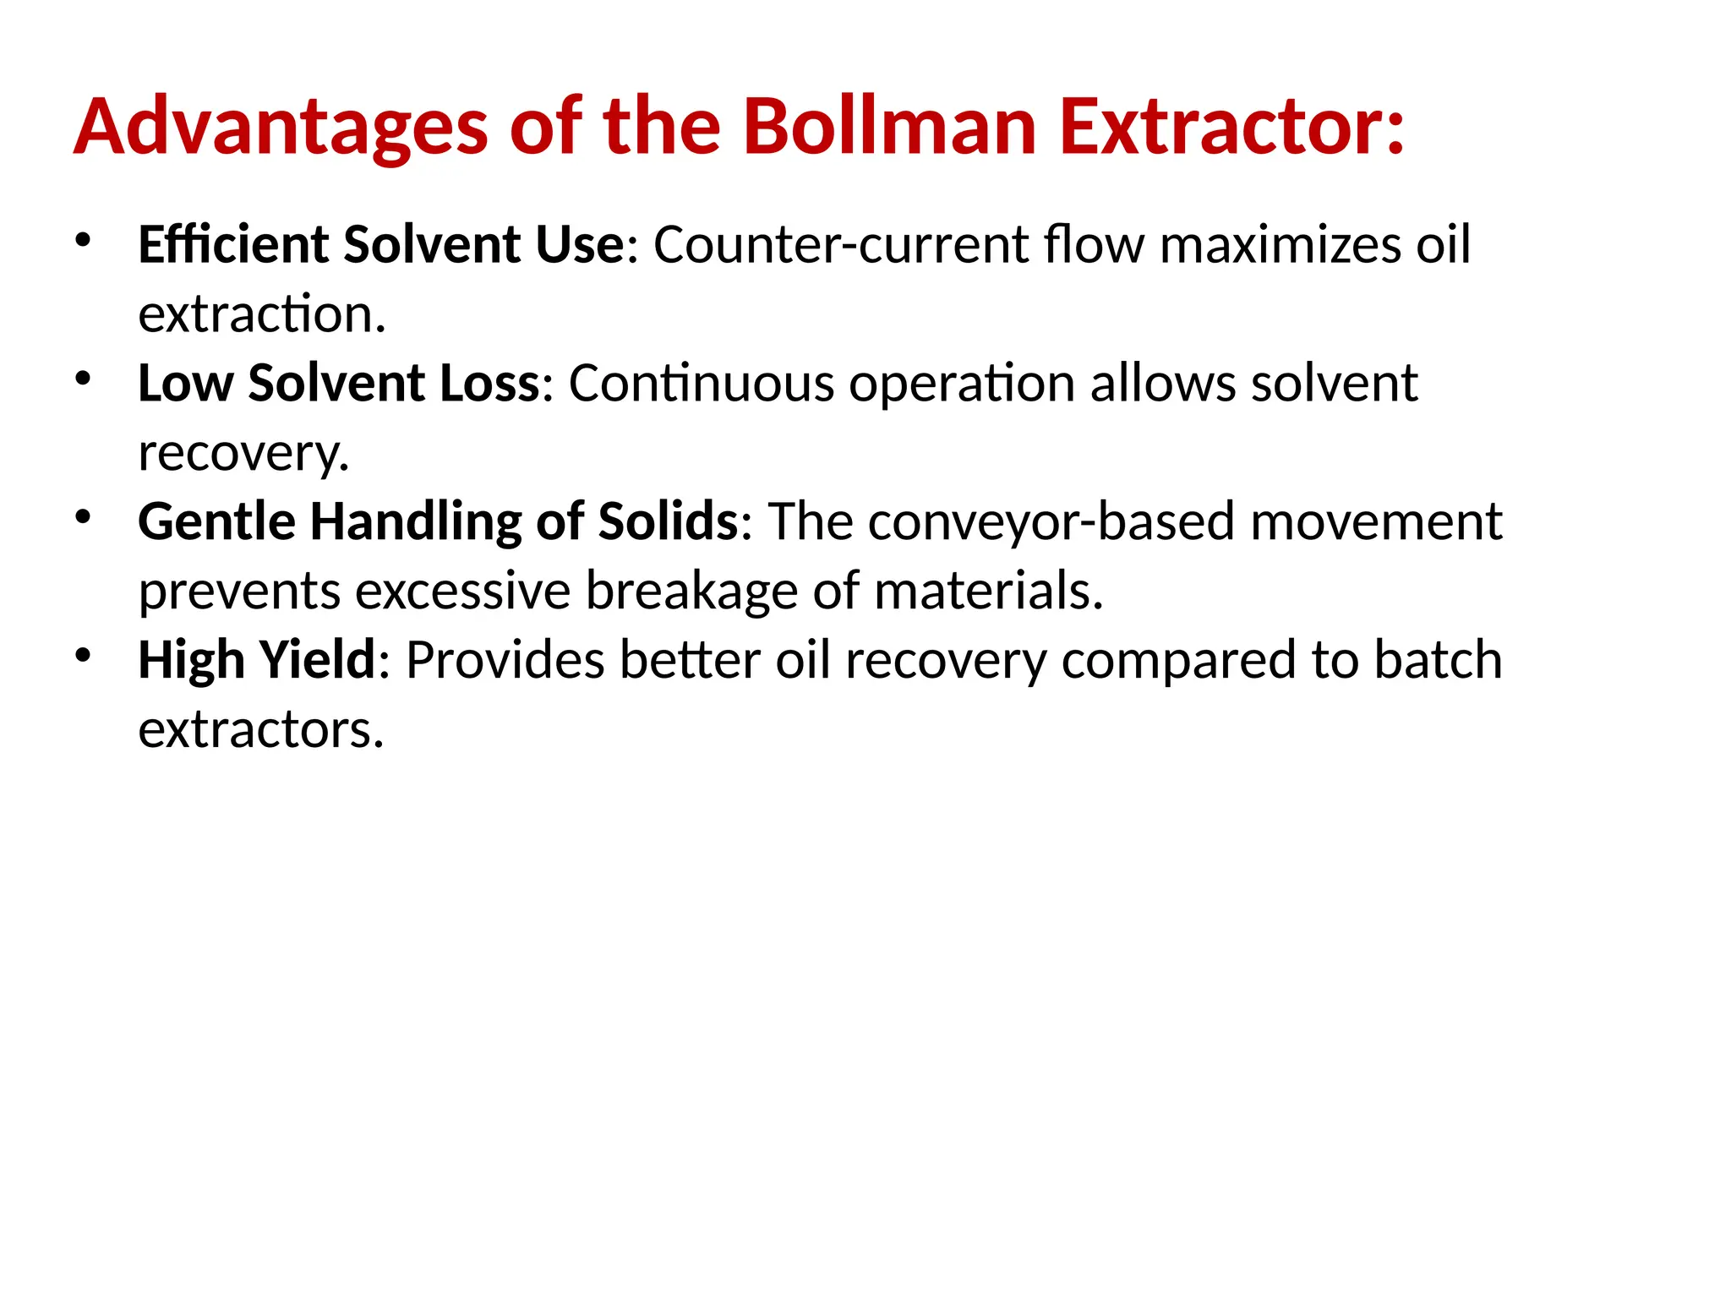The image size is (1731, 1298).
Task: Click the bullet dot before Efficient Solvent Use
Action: coord(82,240)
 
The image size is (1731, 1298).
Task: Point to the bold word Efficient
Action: coord(233,245)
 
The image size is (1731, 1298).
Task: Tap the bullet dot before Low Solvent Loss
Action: coord(82,379)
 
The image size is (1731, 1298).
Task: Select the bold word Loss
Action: coord(489,384)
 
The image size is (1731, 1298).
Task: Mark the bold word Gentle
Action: coord(216,521)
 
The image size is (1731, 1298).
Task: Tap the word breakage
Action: coord(691,591)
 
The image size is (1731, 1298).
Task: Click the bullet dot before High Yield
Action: coord(82,655)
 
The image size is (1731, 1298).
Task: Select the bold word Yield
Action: coord(317,660)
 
